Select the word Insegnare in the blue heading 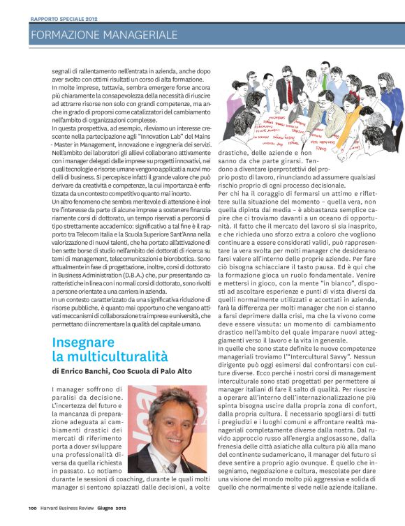pos(83,343)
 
